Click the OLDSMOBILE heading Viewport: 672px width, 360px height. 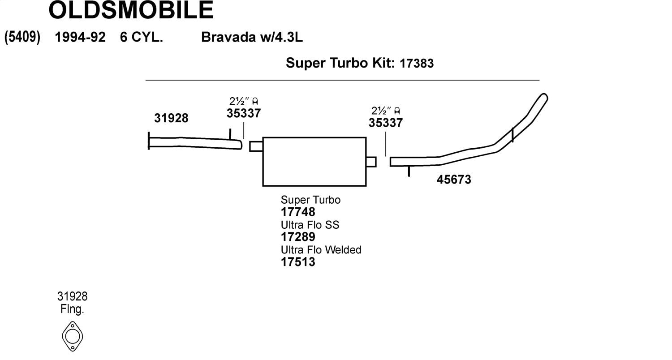coord(131,10)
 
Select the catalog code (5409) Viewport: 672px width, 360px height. coord(22,37)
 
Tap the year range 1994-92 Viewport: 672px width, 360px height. coord(80,37)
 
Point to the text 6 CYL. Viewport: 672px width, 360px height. coord(141,37)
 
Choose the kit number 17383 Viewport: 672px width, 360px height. coord(416,63)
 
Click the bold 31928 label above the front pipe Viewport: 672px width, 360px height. coord(171,118)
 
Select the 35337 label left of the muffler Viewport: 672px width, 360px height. coord(244,113)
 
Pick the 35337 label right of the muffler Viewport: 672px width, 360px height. coord(385,123)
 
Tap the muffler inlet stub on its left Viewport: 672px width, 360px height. coord(256,146)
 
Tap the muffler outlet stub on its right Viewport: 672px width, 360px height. coord(371,162)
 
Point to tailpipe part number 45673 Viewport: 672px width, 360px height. coord(454,180)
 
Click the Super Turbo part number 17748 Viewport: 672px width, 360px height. coord(298,212)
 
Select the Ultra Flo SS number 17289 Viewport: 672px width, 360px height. coord(298,237)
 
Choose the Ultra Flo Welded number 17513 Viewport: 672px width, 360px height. coord(298,262)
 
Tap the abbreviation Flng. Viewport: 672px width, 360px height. coord(72,309)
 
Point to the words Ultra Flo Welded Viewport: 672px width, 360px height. coord(321,250)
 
